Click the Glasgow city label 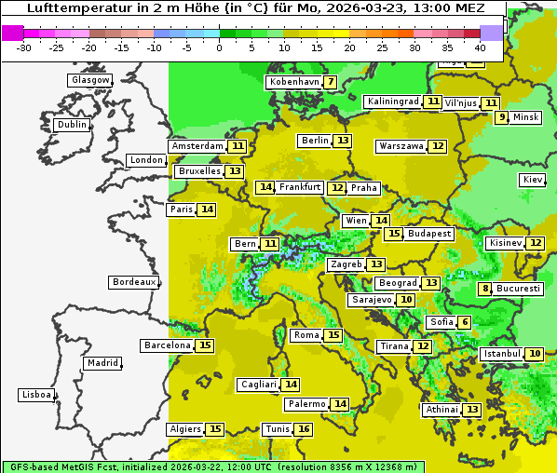(90, 80)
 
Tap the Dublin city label (72, 125)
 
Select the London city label (146, 160)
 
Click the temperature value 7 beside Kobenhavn (330, 82)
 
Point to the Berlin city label (315, 141)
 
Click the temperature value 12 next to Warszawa (438, 146)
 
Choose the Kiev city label (533, 180)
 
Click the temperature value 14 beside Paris (207, 209)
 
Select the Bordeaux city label (133, 282)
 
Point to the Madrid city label (102, 363)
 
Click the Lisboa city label (36, 395)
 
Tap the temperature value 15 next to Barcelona (205, 345)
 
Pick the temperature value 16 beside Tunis (304, 429)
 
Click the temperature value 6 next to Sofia (464, 322)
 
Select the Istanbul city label (502, 355)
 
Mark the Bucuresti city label (518, 289)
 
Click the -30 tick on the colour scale (24, 47)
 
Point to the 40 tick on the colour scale (479, 47)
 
